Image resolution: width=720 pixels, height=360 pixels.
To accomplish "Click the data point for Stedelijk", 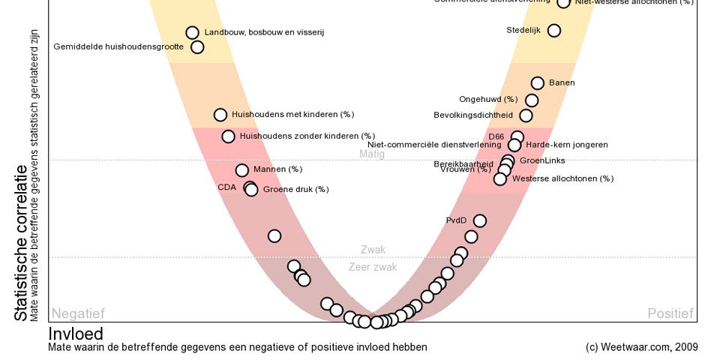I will pos(554,31).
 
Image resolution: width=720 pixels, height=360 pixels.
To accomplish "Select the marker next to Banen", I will pos(538,83).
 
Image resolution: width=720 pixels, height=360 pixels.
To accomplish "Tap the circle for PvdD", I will pos(480,220).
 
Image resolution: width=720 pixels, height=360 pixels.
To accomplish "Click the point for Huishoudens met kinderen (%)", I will pos(220,115).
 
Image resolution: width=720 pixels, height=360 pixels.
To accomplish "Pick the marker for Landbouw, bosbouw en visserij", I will pos(192,32).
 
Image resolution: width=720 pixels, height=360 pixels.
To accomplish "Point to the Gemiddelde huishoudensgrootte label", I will pos(118,46).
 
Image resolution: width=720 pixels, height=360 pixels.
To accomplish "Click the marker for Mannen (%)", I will pos(242,170).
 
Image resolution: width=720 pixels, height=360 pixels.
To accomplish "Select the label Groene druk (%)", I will pos(295,190).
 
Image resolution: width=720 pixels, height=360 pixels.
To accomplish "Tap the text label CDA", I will pos(227,187).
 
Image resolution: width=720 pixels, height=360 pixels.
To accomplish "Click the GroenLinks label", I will pos(542,160).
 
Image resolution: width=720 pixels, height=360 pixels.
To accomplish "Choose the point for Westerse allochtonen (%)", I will pos(500,178).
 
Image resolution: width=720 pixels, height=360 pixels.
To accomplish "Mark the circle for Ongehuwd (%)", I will pos(532,100).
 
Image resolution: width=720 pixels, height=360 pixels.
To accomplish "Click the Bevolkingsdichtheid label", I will pos(473,115).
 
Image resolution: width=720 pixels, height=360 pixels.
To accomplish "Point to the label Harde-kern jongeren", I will pos(566,144).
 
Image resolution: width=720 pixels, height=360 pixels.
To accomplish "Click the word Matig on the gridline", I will pos(372,154).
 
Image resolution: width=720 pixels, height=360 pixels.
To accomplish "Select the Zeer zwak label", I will pos(373,267).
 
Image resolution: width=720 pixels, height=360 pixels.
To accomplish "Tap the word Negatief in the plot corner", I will pos(77,313).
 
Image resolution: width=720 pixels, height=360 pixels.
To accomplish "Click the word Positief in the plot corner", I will pos(670,313).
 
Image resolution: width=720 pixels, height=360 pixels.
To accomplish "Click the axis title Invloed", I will pos(76,334).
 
